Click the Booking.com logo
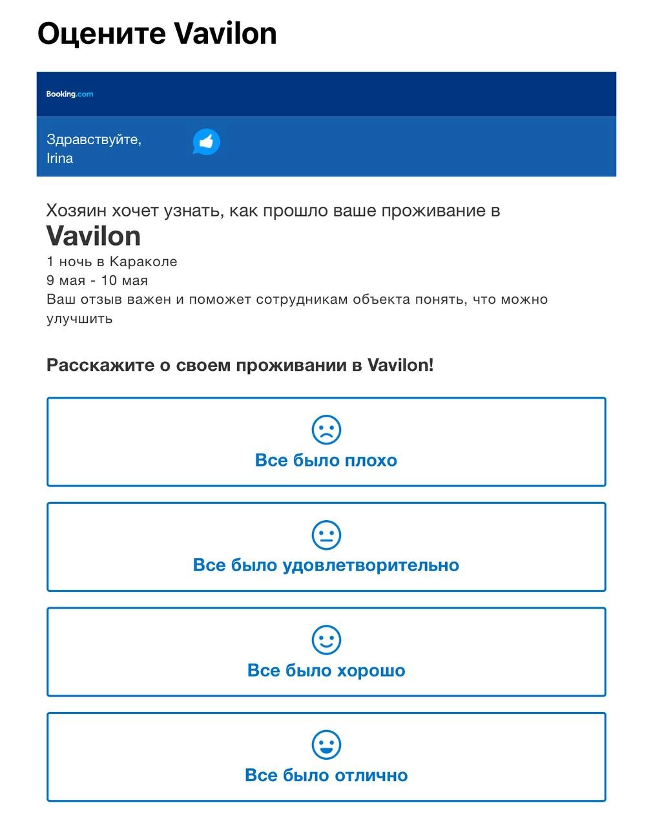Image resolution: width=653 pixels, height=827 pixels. [70, 94]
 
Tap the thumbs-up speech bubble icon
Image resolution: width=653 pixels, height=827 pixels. [206, 142]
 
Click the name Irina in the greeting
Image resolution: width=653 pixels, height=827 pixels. [60, 158]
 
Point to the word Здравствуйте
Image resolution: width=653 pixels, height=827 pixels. [94, 140]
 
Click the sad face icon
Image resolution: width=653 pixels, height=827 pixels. [326, 430]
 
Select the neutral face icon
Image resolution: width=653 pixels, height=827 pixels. [326, 535]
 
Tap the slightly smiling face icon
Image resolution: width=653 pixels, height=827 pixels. [326, 640]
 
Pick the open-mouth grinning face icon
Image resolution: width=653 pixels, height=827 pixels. [326, 745]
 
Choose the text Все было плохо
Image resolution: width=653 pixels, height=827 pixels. [326, 460]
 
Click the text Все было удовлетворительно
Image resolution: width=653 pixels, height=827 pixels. [326, 565]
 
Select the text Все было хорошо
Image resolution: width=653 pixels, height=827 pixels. [326, 670]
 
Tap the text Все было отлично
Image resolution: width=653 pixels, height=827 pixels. [326, 775]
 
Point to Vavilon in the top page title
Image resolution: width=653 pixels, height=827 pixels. [225, 34]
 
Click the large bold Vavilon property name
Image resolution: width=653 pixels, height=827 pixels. [94, 236]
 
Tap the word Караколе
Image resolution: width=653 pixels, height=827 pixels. [143, 262]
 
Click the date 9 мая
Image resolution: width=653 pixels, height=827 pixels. [65, 280]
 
